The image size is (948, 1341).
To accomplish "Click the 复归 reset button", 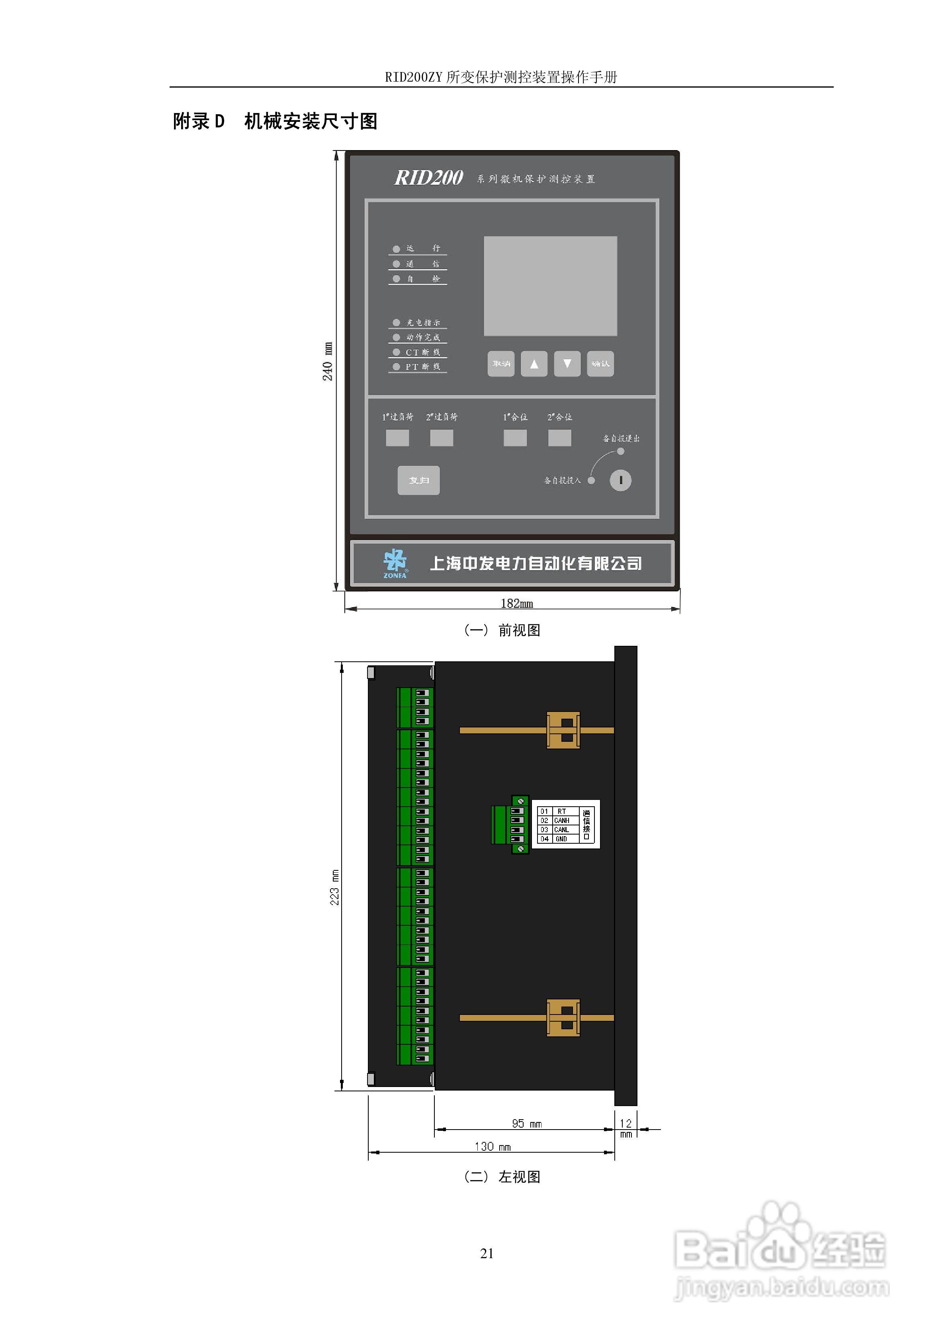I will click(418, 480).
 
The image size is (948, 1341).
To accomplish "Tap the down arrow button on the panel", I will click(567, 364).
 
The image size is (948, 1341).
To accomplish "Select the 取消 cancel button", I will click(500, 364).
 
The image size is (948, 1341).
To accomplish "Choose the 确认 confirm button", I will click(600, 364).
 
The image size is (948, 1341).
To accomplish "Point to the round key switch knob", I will click(620, 480).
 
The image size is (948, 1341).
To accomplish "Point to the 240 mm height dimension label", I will click(328, 362).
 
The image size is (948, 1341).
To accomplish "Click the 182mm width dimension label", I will click(517, 603).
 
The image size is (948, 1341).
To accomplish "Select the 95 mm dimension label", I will click(526, 1124).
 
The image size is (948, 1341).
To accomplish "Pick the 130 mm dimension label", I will click(493, 1147).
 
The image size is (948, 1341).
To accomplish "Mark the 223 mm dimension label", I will click(335, 888).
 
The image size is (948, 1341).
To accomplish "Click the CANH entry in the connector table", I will click(561, 821).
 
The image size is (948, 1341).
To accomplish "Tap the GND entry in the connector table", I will click(561, 839).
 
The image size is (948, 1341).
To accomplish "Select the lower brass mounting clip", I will click(563, 1018).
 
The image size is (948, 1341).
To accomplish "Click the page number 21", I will click(487, 1253).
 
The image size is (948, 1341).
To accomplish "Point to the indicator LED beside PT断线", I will click(397, 367).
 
